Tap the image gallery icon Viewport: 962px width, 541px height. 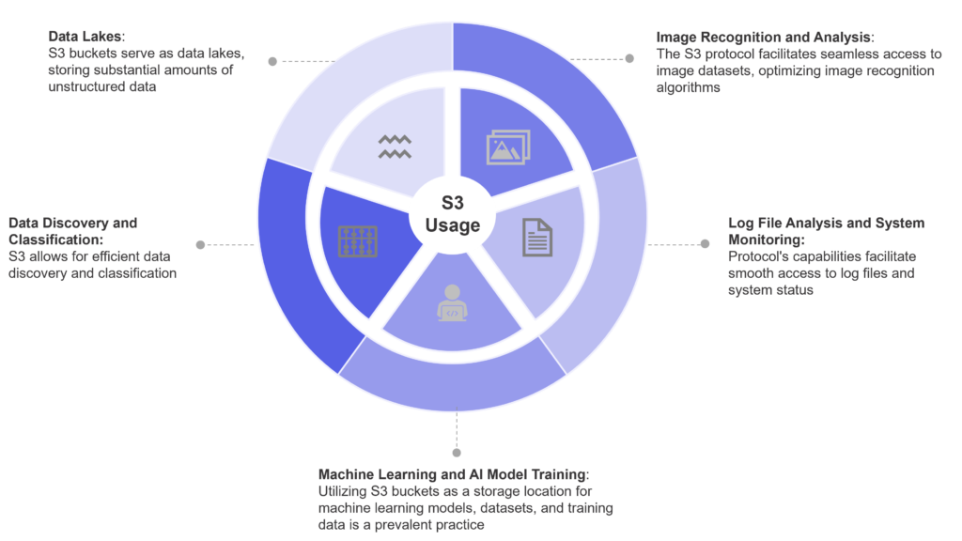pos(508,147)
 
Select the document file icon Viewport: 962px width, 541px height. pos(537,237)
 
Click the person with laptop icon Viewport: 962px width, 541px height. pos(452,302)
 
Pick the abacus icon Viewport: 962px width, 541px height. pos(357,241)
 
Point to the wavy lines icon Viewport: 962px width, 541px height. pos(395,146)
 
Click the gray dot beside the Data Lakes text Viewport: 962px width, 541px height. pos(272,61)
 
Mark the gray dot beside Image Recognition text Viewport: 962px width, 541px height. pos(629,58)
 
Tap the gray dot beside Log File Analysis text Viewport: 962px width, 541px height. pos(705,243)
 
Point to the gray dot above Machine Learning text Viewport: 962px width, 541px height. pos(456,450)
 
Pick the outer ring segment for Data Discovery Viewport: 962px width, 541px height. pos(287,272)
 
